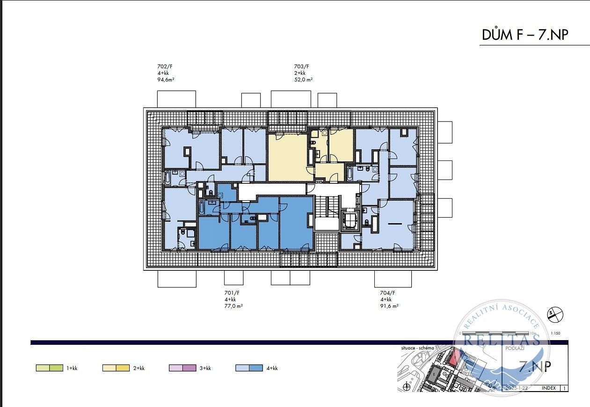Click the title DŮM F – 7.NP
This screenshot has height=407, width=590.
(x=525, y=35)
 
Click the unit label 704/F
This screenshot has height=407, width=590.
(x=387, y=293)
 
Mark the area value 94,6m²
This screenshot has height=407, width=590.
(x=166, y=80)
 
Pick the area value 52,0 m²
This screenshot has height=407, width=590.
(x=303, y=80)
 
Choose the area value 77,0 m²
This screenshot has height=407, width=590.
(x=233, y=306)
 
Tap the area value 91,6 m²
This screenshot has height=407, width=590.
(x=389, y=306)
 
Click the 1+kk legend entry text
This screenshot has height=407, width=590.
(x=72, y=368)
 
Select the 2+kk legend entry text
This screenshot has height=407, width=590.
(x=138, y=368)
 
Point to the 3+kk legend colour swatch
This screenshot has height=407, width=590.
(x=182, y=368)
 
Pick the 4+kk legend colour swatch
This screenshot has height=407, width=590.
(x=249, y=368)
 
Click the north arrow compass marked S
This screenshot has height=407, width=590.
(x=555, y=315)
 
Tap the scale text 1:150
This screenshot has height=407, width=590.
(x=555, y=334)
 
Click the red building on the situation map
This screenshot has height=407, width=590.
(x=453, y=358)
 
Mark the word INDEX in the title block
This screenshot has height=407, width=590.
(x=548, y=388)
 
